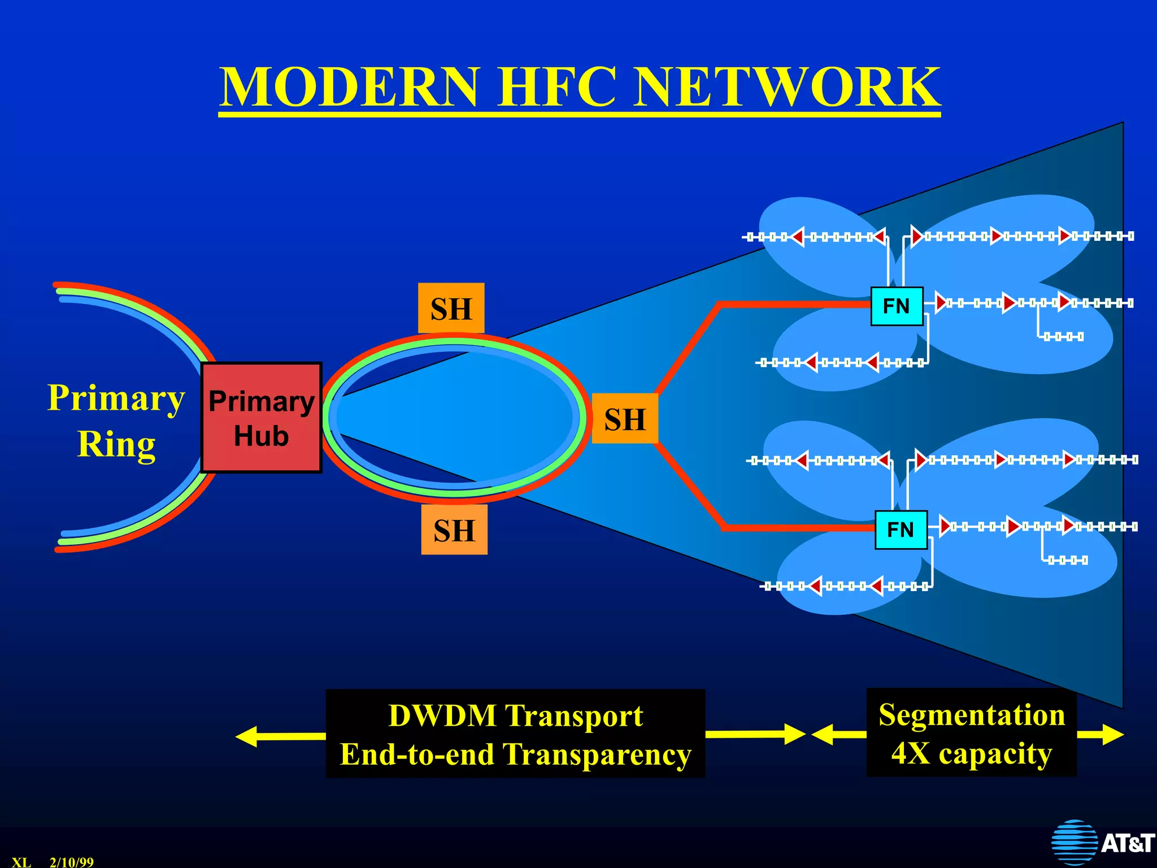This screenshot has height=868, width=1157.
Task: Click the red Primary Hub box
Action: coord(262,418)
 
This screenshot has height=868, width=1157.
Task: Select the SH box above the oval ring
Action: coord(451,308)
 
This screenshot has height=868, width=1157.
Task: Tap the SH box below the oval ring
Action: coord(454,530)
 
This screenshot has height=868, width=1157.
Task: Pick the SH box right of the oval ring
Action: coord(625,419)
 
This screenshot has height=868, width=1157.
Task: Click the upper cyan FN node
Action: coord(897,306)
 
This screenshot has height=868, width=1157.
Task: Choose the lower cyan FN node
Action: coord(901,530)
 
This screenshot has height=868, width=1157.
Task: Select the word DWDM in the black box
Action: coord(442,715)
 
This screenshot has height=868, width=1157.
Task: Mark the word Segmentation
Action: coord(972,715)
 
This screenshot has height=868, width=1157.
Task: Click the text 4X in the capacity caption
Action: coord(910,753)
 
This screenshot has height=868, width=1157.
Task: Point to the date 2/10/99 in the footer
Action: coord(72,862)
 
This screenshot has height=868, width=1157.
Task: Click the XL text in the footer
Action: coord(21,862)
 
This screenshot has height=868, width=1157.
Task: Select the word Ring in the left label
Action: coord(116,444)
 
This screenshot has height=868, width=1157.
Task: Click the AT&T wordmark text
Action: coord(1127,843)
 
